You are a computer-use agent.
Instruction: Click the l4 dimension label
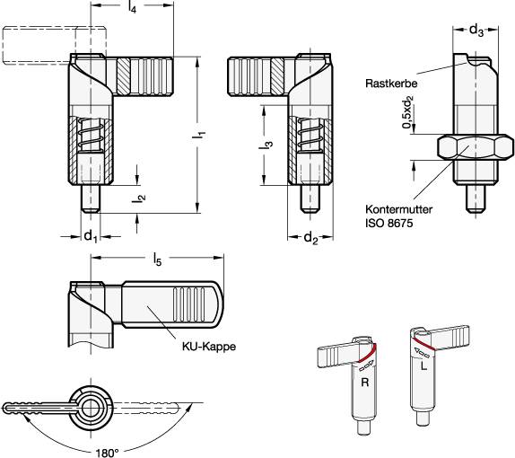point(132,7)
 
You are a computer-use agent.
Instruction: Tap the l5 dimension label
point(157,260)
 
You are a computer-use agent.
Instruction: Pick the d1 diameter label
point(91,236)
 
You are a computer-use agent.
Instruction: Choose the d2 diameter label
point(311,237)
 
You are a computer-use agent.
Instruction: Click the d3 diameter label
point(476,31)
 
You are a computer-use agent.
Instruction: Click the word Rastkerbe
point(391,83)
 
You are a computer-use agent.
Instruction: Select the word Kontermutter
point(399,209)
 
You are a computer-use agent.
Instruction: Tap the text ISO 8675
point(388,224)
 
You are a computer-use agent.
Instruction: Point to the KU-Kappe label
point(209,347)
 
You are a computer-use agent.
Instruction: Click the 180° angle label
point(108,453)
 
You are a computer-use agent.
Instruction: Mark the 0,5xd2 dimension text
point(407,111)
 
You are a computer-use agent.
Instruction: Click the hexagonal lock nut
point(476,147)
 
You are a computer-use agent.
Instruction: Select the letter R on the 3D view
point(365,383)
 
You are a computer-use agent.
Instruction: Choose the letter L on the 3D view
point(424,366)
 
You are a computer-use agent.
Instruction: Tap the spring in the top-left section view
point(91,134)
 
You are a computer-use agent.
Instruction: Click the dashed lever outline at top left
point(55,46)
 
